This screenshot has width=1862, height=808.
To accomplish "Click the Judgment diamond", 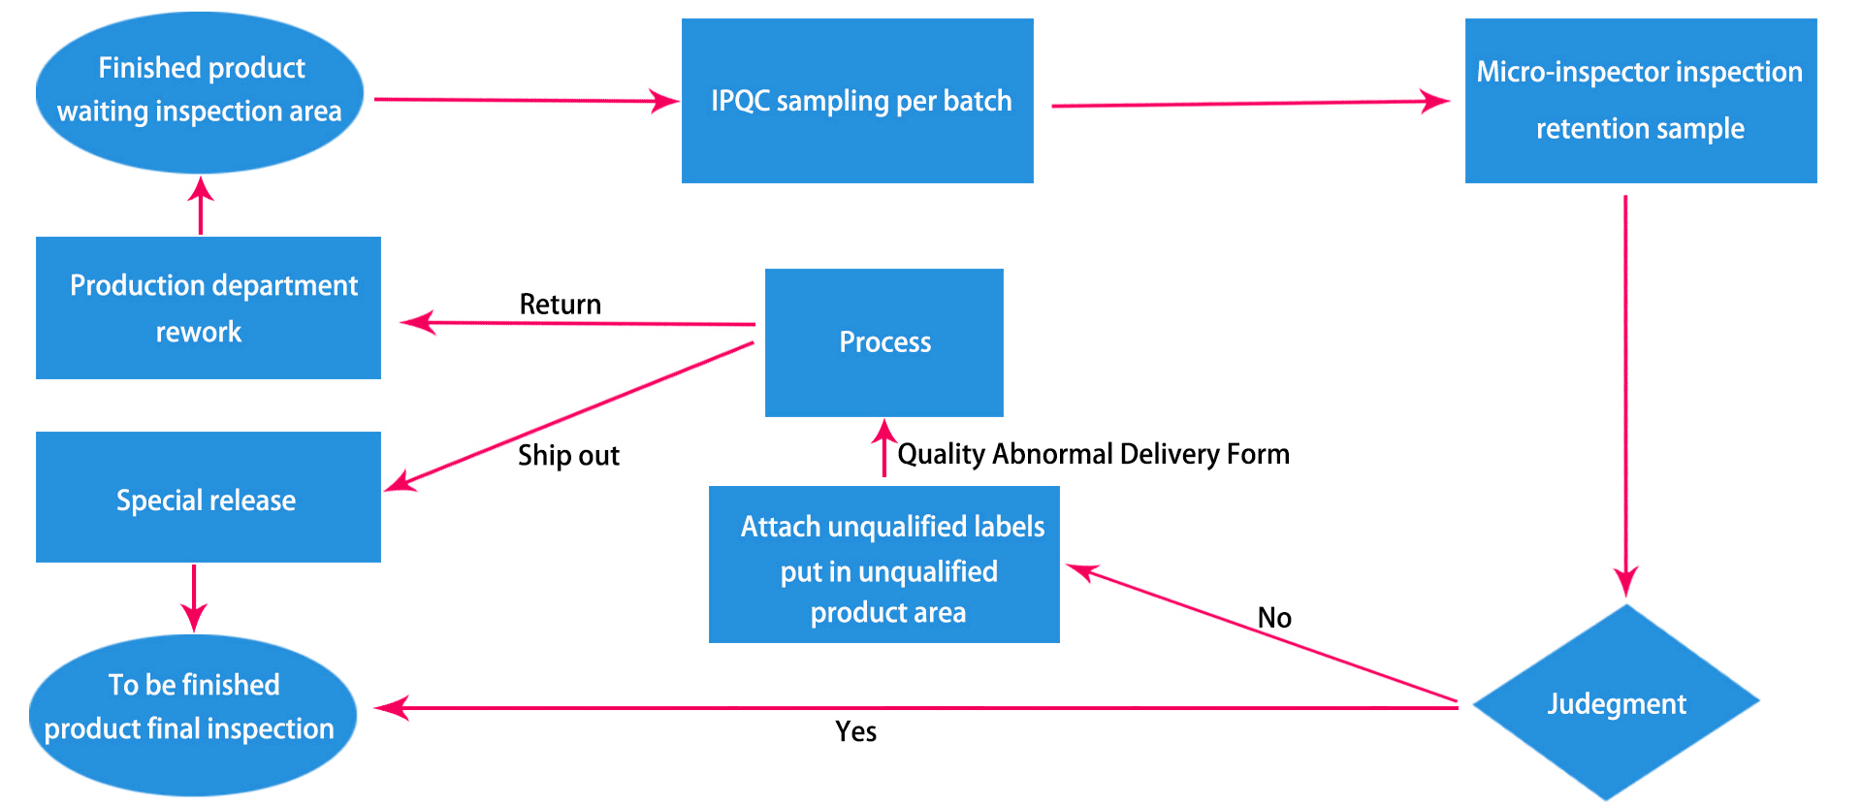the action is coord(1616,702).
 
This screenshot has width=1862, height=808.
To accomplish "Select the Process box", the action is coord(883,342).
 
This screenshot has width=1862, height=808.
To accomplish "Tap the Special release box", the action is coord(208,497).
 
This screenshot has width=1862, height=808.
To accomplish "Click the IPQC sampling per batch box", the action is coord(857,101).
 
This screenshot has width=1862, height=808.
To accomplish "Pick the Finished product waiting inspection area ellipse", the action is coord(200,93).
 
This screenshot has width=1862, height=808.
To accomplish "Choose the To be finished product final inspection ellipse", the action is coord(193,716).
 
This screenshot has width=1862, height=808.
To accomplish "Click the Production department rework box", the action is coord(208,307).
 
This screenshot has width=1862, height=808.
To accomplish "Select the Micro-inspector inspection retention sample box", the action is coord(1641,101).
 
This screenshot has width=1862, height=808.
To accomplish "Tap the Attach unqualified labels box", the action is coord(883,565).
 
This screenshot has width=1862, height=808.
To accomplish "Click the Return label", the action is coord(561,305).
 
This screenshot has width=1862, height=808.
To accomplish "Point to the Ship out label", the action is coord(568,455).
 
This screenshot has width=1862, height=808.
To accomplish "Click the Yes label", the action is coord(856,731).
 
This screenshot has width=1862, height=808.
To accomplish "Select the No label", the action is coord(1274,618).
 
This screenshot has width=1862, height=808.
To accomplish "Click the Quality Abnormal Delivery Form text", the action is coord(1093,454).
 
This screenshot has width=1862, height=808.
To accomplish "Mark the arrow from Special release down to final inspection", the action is coord(194,598).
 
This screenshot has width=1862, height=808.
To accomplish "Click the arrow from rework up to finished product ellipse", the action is coord(201,206).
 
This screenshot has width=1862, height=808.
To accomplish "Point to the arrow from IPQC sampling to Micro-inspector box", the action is coord(1251,103).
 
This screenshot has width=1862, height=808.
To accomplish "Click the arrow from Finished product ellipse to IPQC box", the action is coord(528,100).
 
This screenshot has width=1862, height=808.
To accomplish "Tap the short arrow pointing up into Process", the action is coord(883,447).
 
